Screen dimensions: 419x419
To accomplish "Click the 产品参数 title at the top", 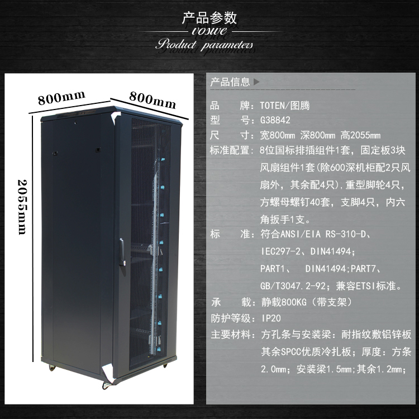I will coord(209,18).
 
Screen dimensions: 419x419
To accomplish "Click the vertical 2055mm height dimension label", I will coord(23,207).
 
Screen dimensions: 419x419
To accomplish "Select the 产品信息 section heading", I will coord(230,82).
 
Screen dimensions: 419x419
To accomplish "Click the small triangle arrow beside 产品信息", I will coord(256,82).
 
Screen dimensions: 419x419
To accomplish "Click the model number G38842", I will coord(275,120).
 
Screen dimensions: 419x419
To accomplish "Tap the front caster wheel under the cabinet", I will coord(106,384).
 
